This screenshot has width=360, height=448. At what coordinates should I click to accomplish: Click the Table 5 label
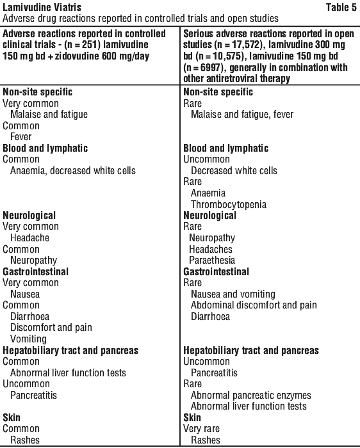pos(341,7)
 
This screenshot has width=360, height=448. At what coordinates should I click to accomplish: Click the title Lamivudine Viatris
pos(42,7)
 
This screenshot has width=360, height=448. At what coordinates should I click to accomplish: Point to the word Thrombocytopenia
pos(229,205)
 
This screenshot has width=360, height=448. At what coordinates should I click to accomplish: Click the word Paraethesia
pos(212,260)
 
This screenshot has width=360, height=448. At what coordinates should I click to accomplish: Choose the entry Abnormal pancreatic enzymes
pos(250,395)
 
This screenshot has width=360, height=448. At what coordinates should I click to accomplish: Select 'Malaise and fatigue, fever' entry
pos(242,115)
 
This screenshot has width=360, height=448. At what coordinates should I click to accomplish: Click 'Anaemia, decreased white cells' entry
pos(73,171)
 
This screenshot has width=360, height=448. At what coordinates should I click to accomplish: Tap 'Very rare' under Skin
pos(201,429)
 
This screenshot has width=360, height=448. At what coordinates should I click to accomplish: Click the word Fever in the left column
pos(21,137)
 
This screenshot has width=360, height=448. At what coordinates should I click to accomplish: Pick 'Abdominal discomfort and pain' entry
pos(254,305)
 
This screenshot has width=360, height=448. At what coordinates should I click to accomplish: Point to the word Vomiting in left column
pos(28,339)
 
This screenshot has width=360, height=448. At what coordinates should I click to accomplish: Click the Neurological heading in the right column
pos(210,216)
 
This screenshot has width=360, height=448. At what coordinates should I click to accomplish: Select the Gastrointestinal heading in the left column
pos(35,271)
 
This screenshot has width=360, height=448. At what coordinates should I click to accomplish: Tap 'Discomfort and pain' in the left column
pos(51,328)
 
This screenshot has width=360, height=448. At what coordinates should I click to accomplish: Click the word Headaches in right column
pos(211,249)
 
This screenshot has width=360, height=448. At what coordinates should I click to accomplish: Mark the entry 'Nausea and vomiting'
pos(233,294)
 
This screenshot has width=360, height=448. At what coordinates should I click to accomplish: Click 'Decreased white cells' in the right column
pos(234,171)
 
